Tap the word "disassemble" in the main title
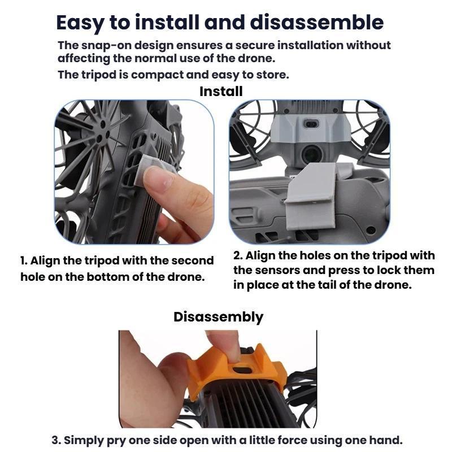click(316, 22)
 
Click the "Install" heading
click(221, 92)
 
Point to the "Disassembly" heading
click(219, 318)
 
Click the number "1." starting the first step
click(24, 260)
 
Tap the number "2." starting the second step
click(238, 255)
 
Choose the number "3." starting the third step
click(56, 441)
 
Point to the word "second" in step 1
click(193, 260)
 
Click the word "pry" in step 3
click(116, 441)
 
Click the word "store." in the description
click(273, 75)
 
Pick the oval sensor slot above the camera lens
click(311, 124)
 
